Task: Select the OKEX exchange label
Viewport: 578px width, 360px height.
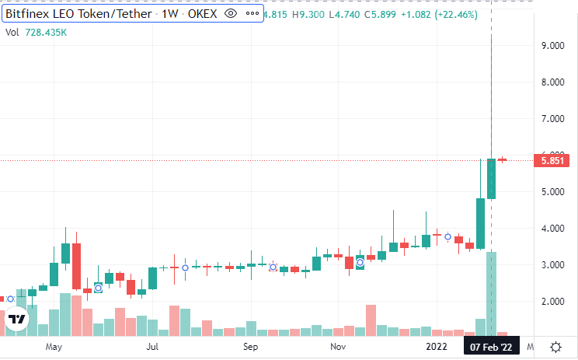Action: coord(204,14)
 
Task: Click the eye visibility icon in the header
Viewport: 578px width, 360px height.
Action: coord(230,14)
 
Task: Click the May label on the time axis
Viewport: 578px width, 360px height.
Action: coord(54,347)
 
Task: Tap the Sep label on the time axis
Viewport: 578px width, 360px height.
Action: coord(250,347)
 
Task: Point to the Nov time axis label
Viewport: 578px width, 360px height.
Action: coord(336,347)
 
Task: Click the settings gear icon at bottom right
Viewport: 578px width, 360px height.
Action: coord(556,347)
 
